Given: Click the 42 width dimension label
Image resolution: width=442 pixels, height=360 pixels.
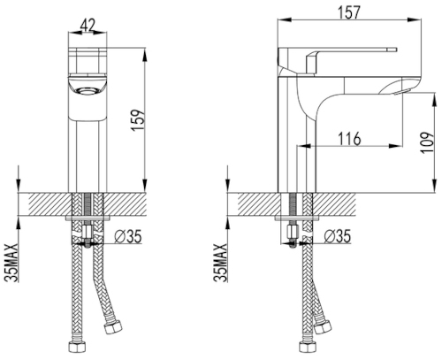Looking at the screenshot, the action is [x=88, y=26].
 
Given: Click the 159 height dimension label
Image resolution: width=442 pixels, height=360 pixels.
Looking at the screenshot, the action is [x=138, y=120].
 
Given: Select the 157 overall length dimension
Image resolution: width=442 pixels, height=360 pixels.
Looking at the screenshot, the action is [x=349, y=12].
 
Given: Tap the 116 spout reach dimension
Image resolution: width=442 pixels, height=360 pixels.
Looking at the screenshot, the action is [x=349, y=139].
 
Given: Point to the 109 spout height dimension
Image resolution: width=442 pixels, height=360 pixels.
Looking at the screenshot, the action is [x=428, y=142].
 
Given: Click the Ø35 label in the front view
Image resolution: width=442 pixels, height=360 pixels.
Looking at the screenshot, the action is [x=128, y=236].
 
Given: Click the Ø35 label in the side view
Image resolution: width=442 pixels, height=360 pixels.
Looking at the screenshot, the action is [x=338, y=236].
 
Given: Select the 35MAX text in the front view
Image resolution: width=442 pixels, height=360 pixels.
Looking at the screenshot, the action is [x=11, y=264].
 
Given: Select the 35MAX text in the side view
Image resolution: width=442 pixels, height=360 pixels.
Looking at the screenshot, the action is [x=220, y=264].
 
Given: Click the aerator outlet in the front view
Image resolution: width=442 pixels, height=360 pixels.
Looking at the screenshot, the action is [x=87, y=90].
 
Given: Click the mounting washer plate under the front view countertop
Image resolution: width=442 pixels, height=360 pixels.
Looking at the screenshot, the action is [x=88, y=218].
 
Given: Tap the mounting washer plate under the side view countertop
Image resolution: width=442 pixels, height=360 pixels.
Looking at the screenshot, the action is [x=297, y=218].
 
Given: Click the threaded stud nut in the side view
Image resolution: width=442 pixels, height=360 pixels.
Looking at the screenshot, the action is [x=293, y=233].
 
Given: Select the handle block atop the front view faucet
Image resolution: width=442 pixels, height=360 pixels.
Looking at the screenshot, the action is [x=88, y=61].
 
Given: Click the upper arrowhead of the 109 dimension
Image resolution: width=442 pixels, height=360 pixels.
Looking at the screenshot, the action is [x=435, y=99].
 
